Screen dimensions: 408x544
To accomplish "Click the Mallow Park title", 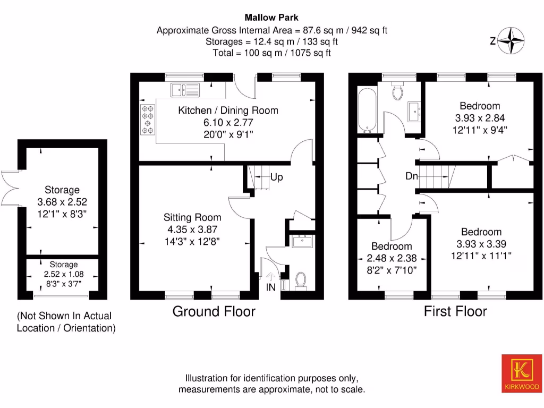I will [271, 18].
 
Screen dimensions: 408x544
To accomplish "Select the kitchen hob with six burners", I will [147, 120].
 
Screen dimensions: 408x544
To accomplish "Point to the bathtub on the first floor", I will [367, 110].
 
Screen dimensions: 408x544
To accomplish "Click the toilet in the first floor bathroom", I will [398, 92].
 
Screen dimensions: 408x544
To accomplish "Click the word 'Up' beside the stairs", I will [276, 177].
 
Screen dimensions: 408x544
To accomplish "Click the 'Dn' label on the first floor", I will [411, 176].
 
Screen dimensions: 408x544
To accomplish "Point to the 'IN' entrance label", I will [271, 287].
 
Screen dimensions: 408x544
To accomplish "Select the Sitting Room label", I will [192, 217].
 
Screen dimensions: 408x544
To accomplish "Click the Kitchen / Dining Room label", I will [228, 110].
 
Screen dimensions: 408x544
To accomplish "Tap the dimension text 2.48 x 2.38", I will [391, 258].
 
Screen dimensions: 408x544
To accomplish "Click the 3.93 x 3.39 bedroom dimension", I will [481, 244].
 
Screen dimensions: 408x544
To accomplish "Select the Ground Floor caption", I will [214, 311].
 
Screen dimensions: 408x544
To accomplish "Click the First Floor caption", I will [455, 311].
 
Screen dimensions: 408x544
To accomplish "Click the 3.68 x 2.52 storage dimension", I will [62, 202].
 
